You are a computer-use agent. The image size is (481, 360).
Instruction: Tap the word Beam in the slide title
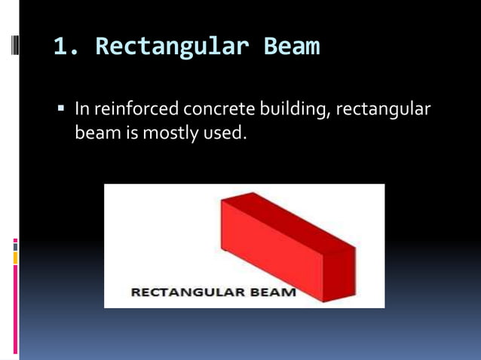click(x=291, y=47)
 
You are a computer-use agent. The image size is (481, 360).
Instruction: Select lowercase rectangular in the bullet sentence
click(x=384, y=110)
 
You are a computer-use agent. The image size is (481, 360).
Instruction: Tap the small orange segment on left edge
click(x=15, y=258)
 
